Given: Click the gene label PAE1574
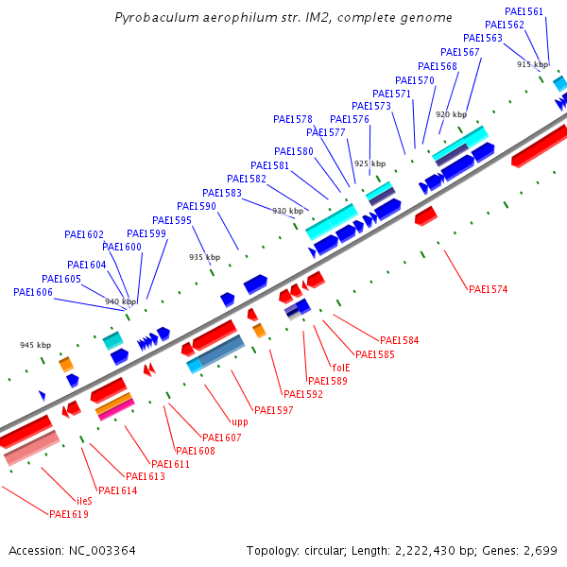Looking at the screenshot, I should coord(488,289).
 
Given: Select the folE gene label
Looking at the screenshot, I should coord(341,368).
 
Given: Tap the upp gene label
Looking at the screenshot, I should coord(240,422).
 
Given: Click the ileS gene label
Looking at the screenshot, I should coord(84,500).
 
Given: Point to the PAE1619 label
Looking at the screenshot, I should coord(69,514).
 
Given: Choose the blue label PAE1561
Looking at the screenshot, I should coord(524,11).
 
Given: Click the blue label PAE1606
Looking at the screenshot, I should coord(33,293).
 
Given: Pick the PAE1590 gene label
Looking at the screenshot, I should coord(197,206).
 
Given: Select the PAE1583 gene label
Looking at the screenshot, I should coord(222,193).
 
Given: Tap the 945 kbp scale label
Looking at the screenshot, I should coord(35,345).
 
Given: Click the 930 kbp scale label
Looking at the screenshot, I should coord(288,211).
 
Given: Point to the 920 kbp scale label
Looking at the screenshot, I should coord(451,114).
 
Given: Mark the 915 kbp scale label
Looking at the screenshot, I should coord(532,64).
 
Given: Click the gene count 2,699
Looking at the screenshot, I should coord(542,550).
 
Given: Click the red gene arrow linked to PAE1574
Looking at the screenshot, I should coord(425,215).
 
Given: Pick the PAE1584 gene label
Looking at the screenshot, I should coord(400,340).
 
